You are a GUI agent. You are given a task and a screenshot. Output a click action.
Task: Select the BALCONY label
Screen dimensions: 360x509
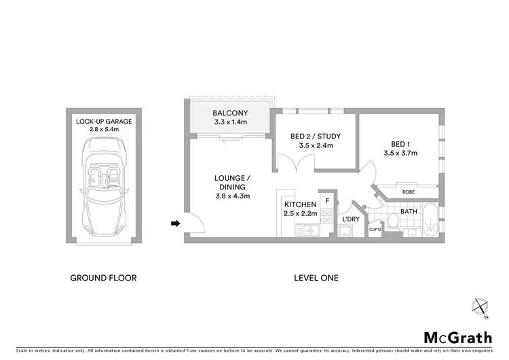(229, 113)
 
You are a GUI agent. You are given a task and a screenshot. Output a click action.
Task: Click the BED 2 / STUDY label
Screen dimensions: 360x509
(316, 137)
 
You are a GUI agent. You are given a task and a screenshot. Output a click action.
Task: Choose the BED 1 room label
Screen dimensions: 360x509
(400, 144)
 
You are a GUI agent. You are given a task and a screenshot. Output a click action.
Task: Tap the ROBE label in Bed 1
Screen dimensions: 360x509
(409, 192)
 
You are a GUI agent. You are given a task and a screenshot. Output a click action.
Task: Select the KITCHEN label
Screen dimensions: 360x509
(300, 204)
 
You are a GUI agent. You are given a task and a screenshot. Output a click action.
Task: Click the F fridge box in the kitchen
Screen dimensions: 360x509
(327, 200)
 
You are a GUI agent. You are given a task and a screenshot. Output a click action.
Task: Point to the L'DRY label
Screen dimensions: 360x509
(350, 219)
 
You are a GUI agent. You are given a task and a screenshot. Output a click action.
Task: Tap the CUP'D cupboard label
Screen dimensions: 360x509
(374, 230)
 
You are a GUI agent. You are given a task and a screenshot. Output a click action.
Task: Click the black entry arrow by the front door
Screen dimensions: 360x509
(175, 222)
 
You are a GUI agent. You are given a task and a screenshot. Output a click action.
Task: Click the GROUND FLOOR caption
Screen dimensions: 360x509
(104, 278)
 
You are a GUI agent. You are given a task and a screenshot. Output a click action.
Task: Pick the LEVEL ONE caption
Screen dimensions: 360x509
(316, 278)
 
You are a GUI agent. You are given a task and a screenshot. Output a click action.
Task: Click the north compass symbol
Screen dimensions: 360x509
(482, 308)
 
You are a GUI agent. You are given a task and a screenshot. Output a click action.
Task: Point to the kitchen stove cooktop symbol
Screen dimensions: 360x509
(326, 217)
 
